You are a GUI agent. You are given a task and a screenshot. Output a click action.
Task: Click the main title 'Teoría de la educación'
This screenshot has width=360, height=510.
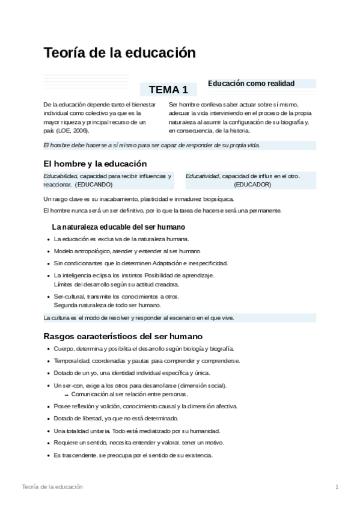tap(120, 53)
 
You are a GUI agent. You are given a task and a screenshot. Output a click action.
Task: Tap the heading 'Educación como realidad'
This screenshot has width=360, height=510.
tap(251, 84)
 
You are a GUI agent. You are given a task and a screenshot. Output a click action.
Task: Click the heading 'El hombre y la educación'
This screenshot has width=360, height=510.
tap(95, 164)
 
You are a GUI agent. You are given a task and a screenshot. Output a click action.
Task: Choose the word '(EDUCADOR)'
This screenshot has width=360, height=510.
tap(252, 184)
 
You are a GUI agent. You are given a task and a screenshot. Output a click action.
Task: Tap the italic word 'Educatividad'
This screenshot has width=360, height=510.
tap(203, 176)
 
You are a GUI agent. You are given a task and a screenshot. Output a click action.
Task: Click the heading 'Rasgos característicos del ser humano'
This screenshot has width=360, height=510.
tap(123, 336)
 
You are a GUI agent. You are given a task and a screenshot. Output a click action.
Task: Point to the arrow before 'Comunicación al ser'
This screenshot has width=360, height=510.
tap(67, 395)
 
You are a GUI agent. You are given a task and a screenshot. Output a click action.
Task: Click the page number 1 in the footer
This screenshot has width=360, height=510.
tap(337, 486)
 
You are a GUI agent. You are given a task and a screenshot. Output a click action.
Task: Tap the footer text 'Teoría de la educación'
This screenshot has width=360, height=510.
tap(52, 486)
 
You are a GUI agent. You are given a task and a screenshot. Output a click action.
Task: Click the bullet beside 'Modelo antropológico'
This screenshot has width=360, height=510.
tap(47, 251)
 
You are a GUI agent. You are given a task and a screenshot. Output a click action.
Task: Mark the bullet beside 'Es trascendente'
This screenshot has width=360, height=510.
tap(47, 455)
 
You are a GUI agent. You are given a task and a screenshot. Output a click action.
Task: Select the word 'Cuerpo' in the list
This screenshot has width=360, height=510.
tap(63, 349)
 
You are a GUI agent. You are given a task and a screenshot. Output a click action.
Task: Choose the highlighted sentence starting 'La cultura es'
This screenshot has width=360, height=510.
tap(139, 318)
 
